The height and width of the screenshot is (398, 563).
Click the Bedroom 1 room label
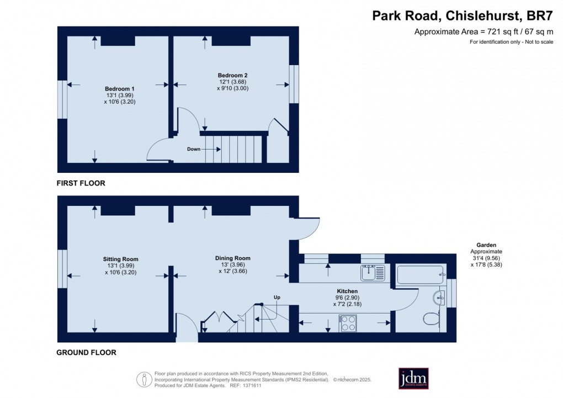120,89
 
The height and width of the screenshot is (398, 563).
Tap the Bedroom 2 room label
232,75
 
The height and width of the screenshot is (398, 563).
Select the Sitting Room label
120,259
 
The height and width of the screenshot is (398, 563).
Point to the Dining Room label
232,258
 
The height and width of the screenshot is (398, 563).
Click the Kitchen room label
347,291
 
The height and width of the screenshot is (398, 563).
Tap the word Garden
487,245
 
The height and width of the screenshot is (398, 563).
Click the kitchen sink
372,272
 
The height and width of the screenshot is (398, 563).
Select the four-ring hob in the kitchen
348,322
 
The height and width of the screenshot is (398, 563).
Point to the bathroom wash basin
439,297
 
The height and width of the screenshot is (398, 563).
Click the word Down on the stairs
194,149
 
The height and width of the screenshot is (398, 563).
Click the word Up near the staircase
277,298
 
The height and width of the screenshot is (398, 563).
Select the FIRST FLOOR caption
81,183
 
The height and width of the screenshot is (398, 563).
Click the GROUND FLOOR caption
86,352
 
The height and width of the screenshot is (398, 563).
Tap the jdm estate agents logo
413,379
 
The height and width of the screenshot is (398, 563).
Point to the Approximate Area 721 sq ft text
484,32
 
